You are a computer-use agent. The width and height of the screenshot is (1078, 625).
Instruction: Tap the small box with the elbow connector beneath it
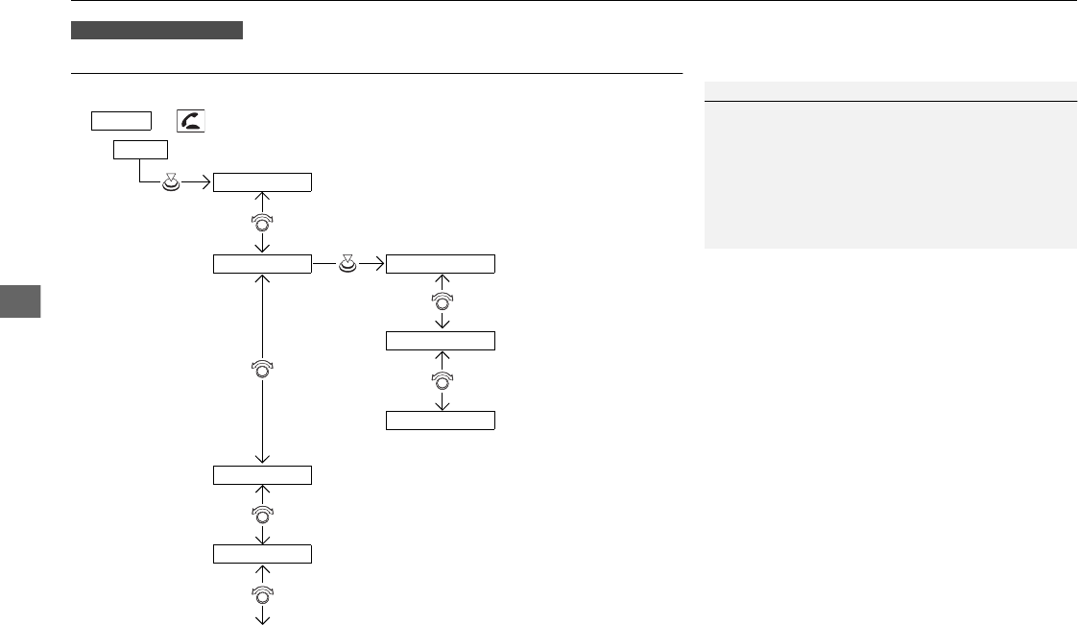click(x=141, y=149)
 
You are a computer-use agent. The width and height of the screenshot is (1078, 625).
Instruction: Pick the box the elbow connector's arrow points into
click(x=262, y=182)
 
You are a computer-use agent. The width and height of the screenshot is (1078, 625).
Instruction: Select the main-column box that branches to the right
click(x=262, y=263)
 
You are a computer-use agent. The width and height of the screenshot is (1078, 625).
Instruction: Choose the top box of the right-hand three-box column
click(x=441, y=263)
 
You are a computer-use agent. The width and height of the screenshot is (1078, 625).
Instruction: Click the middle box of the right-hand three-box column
click(x=441, y=341)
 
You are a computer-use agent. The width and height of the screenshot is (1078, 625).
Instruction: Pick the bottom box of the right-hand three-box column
click(x=441, y=420)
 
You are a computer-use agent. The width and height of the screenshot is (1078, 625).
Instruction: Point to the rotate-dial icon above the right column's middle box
click(x=442, y=301)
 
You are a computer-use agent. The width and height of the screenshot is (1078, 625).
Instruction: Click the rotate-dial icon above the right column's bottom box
click(x=442, y=380)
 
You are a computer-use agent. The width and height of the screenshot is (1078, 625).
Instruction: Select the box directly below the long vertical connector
click(x=262, y=474)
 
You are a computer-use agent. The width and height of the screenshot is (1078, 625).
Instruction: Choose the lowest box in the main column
click(x=262, y=553)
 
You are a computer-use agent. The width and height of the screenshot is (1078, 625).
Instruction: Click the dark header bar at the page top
click(x=157, y=31)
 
